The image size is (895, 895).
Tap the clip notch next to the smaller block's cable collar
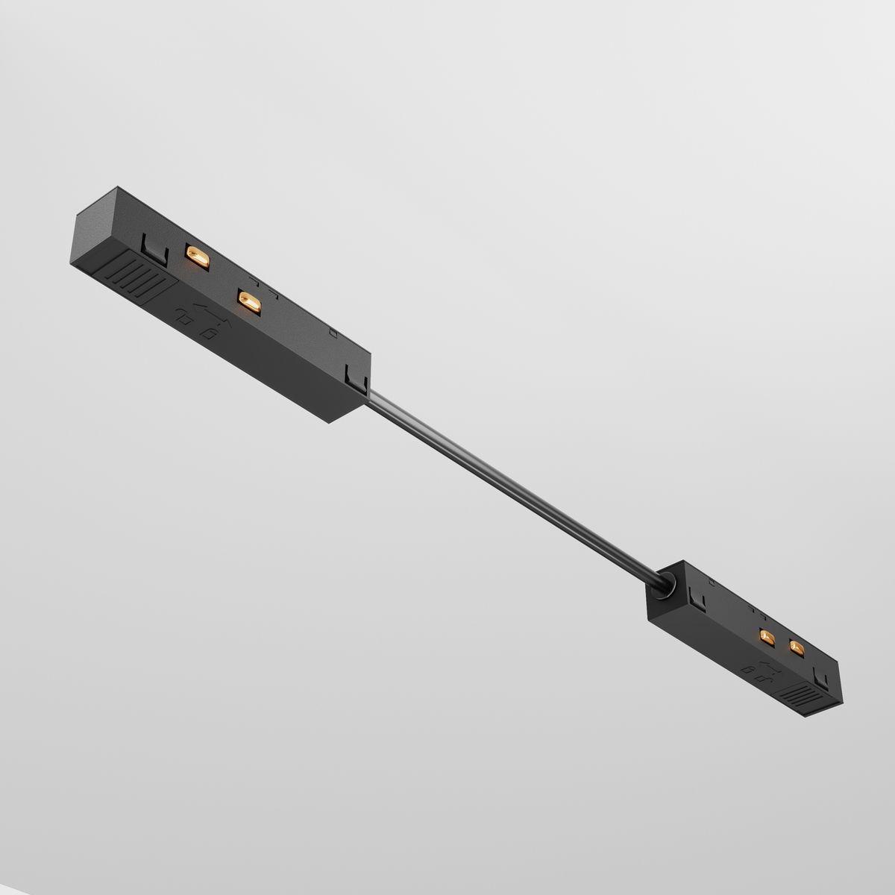pos(698,597)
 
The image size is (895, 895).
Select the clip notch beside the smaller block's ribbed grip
pos(823,680)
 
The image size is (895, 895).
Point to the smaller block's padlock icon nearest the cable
pos(756,675)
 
